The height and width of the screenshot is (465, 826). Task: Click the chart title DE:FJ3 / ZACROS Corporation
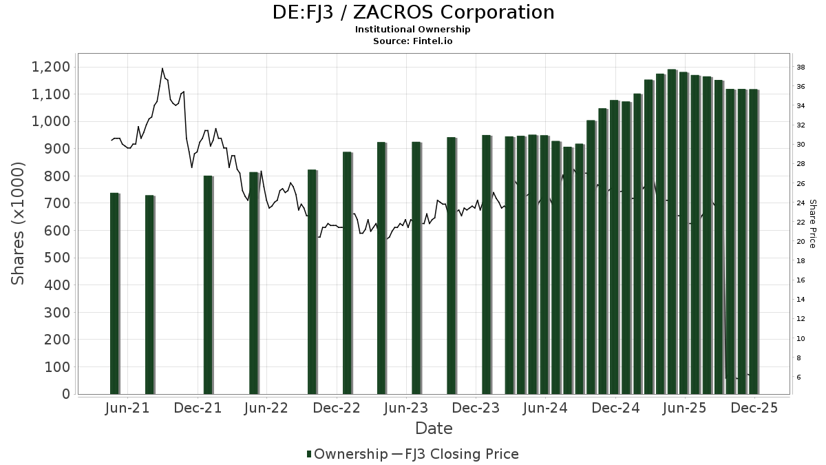point(413,12)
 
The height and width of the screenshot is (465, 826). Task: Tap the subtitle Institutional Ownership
point(413,30)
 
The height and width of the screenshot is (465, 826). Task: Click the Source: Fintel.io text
point(413,41)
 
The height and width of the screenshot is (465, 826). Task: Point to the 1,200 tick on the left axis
point(50,67)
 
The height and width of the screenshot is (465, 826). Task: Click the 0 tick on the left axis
point(66,394)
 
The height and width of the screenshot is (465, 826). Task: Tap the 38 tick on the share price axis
point(801,68)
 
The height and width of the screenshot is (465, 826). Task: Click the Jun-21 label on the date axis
point(127,408)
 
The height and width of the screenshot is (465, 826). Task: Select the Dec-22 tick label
point(337,408)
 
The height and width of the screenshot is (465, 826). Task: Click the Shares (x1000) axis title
point(19,223)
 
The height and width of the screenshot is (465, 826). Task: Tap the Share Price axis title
point(812,224)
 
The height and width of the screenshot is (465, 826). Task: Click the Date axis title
point(434,428)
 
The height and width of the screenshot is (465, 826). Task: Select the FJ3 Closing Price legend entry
point(461,454)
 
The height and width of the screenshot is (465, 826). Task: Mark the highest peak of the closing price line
point(162,68)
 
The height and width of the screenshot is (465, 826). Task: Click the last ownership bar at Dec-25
point(753,241)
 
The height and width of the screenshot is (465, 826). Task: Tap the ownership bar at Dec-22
point(347,276)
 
